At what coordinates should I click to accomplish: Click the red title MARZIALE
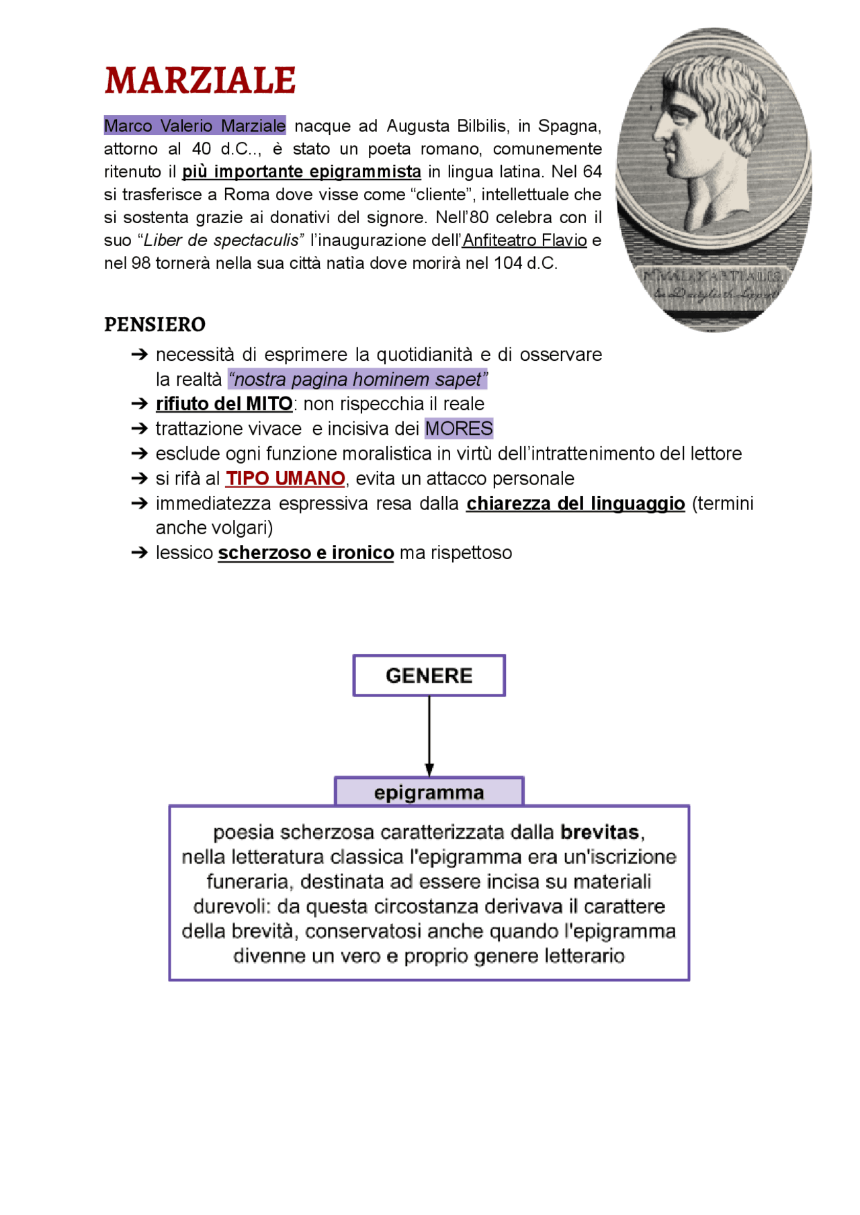coord(200,81)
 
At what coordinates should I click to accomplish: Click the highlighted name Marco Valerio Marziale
coord(195,126)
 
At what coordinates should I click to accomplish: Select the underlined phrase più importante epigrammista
coord(301,172)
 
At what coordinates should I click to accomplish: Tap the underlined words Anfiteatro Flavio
coord(524,241)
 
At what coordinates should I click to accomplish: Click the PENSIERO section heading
coord(155,325)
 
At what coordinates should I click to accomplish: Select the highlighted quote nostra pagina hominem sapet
coord(357,380)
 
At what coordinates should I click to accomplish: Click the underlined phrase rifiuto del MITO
coord(224,404)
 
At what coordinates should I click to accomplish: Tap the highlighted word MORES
coord(459,429)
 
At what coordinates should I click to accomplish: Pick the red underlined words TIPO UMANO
coord(285,478)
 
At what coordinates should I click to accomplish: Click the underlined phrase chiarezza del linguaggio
coord(575,503)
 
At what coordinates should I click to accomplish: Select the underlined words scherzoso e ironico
coord(306,553)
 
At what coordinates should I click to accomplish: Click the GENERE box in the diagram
coord(429,675)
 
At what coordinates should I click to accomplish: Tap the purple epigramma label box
coord(429,792)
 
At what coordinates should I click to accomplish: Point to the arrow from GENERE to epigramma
coord(429,736)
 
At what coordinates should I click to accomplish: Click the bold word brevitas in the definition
coord(599,833)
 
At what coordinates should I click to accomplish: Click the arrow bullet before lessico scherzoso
coord(139,553)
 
